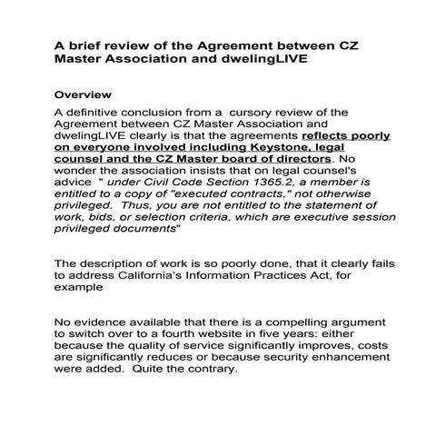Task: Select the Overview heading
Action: tap(84, 94)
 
